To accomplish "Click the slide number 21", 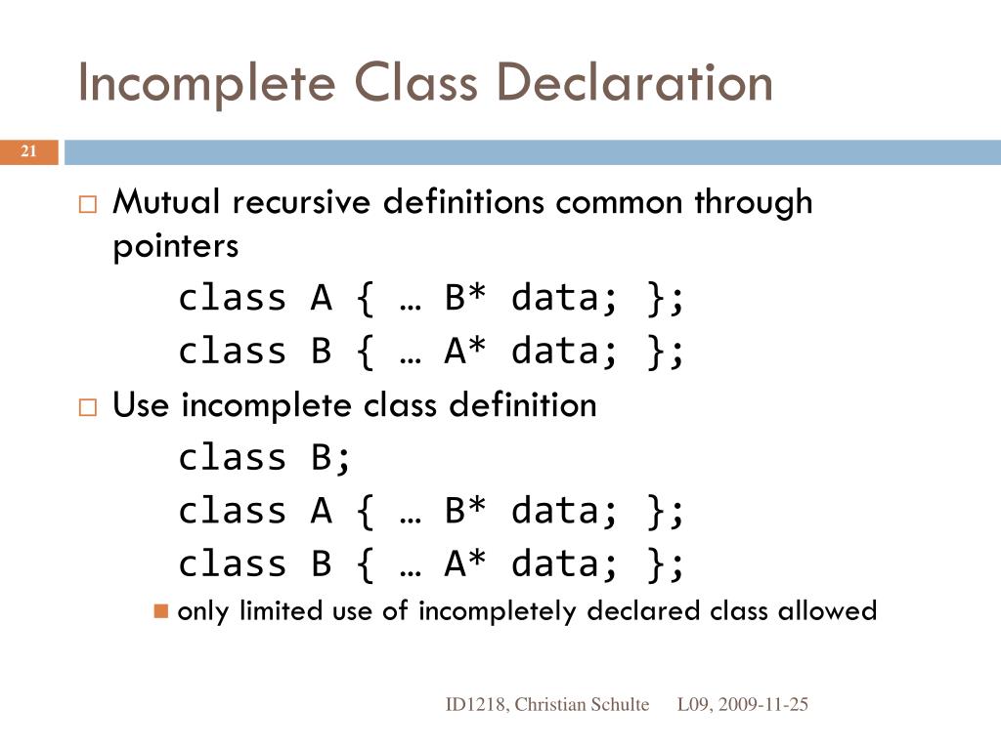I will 28,151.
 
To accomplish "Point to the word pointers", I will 176,247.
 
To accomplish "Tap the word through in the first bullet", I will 753,203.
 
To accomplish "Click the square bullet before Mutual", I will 87,205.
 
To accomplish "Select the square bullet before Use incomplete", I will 87,407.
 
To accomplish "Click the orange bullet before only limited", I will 161,612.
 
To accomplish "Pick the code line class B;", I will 264,457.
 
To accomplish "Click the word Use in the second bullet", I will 143,404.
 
